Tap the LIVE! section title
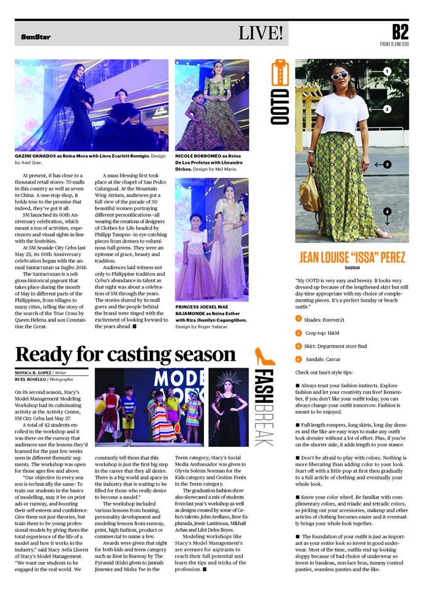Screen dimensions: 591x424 (261, 33)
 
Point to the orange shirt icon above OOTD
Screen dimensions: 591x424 (280, 73)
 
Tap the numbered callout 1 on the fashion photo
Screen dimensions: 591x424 (387, 71)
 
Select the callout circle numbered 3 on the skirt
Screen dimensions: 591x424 (387, 164)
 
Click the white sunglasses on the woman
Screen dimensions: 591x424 (340, 76)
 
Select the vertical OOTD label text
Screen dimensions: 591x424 (280, 107)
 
